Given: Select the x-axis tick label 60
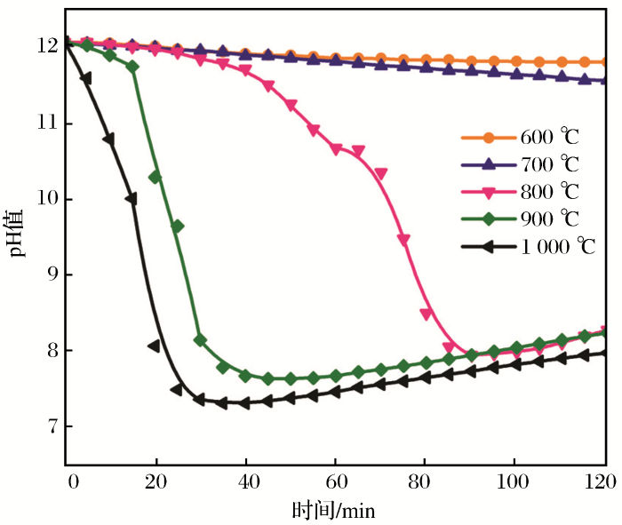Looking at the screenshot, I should point(336,481).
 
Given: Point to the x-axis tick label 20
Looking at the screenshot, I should point(156,481).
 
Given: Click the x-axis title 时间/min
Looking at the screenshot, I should point(335,511).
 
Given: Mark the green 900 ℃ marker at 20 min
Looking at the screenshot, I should point(155,177).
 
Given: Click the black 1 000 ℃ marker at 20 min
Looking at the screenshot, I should point(154,346).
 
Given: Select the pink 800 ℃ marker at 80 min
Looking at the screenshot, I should point(426,314).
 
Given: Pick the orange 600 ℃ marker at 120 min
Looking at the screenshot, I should point(605,62).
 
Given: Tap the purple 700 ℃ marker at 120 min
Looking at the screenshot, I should point(605,80).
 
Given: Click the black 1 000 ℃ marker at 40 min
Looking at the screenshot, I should point(244,403).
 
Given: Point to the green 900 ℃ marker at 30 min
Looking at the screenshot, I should point(200,340).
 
